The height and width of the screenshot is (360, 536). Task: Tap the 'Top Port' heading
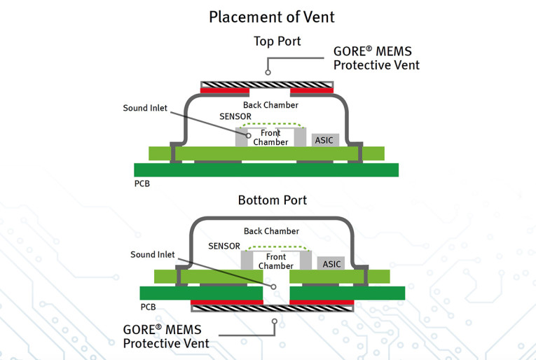277,41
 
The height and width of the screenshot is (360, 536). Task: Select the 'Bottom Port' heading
273,200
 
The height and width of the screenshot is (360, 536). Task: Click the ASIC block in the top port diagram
325,140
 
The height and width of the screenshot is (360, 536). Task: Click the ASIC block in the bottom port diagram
331,264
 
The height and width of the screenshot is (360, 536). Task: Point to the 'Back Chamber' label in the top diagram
271,105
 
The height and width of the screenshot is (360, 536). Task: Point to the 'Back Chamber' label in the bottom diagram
271,231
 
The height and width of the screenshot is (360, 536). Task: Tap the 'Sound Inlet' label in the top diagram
145,108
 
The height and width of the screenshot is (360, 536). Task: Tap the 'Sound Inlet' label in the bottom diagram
153,254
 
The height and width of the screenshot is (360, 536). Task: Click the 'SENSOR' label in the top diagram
235,116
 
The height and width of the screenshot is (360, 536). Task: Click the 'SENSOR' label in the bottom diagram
224,246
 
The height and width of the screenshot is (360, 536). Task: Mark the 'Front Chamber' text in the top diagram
270,137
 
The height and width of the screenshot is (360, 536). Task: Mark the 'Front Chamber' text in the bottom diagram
276,261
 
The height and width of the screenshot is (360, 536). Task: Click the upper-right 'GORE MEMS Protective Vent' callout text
376,59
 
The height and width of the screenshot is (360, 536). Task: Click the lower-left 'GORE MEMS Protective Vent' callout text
166,335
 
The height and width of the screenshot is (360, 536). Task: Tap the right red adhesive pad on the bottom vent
321,303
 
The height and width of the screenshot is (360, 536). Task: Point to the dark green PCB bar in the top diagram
266,169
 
